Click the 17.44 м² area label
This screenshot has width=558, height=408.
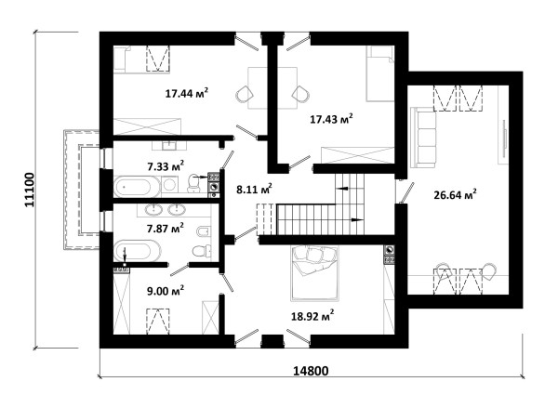click(x=187, y=93)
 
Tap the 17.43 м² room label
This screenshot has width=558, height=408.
click(x=331, y=118)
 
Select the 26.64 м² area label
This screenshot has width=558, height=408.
click(x=455, y=194)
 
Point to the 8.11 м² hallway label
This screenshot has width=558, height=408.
click(x=255, y=189)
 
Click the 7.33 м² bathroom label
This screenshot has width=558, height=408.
click(x=166, y=165)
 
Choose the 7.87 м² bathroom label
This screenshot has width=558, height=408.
click(x=166, y=228)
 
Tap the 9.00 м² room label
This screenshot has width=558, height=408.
click(x=166, y=291)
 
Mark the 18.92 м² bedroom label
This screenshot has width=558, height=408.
click(x=312, y=315)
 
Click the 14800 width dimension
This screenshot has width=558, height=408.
click(x=311, y=371)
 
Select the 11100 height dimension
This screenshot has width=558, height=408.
click(x=29, y=190)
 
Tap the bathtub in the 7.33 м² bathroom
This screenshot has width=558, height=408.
click(x=137, y=187)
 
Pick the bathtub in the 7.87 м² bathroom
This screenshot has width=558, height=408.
click(x=137, y=250)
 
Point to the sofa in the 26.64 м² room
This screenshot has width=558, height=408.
click(x=423, y=138)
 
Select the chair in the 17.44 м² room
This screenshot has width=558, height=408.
click(x=245, y=94)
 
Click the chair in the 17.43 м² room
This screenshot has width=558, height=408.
click(x=300, y=94)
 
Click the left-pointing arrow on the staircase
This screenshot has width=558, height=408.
click(x=342, y=188)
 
